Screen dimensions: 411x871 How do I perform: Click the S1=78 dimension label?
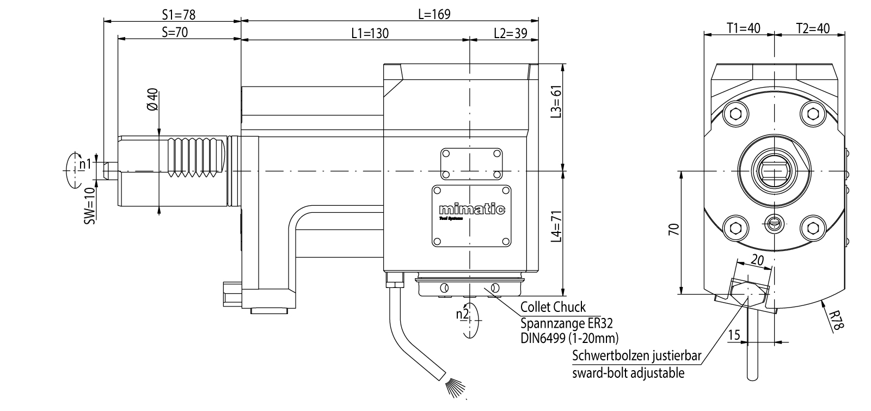point(179,15)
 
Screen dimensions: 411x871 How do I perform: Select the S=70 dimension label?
point(174,32)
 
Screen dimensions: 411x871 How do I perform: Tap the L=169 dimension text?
point(434,14)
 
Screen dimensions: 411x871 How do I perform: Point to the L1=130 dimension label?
point(370,34)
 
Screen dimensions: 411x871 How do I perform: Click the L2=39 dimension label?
point(510,34)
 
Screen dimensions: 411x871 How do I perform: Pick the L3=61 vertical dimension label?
point(555,102)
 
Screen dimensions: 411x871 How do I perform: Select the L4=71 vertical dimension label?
point(555,228)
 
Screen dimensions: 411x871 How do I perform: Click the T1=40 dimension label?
point(743,28)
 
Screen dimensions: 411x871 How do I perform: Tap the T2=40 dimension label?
point(813,28)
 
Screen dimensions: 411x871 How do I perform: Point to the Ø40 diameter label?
point(152,99)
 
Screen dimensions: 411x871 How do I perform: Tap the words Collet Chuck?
point(553,307)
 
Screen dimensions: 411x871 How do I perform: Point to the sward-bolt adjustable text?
point(628,373)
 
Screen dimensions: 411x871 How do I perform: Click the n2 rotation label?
point(462,315)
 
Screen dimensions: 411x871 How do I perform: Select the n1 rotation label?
point(84,163)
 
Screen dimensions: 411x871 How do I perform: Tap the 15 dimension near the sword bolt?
point(734,335)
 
